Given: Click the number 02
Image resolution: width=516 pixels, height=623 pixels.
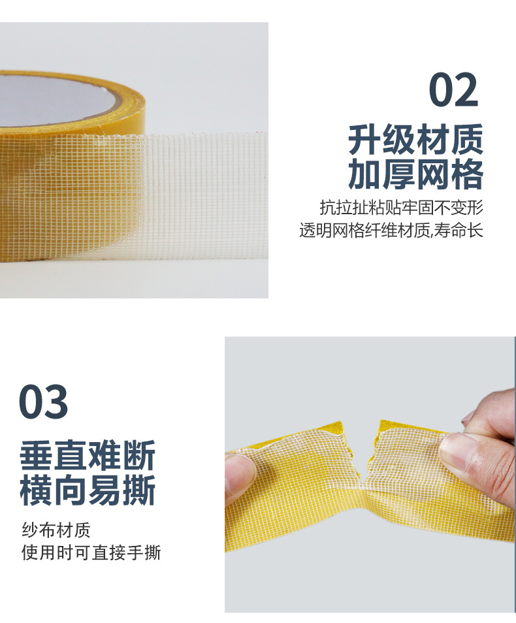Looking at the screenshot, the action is click(453, 89).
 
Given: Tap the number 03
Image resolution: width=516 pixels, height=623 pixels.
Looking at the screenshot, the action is click(43, 402).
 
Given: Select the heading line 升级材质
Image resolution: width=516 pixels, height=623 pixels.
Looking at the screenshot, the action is click(415, 140).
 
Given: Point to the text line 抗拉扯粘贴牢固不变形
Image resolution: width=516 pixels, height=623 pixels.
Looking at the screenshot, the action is click(402, 208).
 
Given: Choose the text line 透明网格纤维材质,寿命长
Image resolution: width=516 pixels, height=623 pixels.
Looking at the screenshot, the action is click(391, 230).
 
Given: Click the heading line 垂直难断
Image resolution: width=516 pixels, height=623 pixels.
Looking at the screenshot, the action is click(87, 455).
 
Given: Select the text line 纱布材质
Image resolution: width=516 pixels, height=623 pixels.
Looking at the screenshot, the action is click(56, 530).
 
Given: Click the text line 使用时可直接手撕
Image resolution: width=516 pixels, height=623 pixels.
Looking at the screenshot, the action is click(91, 552).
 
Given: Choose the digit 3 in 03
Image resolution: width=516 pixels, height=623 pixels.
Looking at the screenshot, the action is click(56, 402).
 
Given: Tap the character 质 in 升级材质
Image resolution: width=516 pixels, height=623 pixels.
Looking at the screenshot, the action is click(467, 140).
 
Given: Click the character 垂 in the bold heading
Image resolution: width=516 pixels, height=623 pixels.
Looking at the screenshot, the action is click(36, 455).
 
